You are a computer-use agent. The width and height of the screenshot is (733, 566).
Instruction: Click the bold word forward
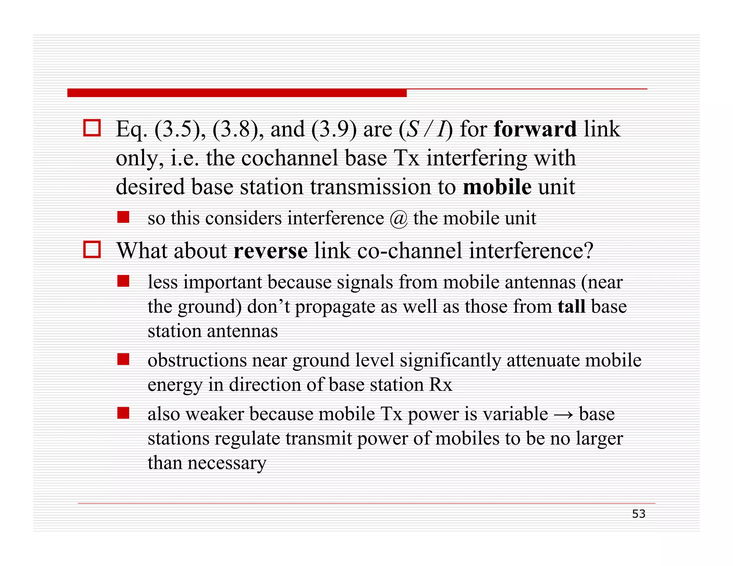[535, 129]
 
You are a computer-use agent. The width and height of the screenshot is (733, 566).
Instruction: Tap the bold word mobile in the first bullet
[497, 187]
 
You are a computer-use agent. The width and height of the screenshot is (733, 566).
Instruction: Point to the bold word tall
[571, 307]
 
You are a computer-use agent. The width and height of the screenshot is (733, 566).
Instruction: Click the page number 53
[639, 514]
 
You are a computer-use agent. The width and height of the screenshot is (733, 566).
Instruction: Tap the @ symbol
[399, 219]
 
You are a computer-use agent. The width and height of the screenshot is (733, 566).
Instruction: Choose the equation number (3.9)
[334, 129]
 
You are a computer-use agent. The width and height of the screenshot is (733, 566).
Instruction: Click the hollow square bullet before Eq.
[92, 128]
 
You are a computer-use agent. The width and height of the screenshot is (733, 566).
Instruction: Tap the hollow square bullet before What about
[92, 249]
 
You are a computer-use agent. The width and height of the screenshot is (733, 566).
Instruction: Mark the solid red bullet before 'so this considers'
[123, 217]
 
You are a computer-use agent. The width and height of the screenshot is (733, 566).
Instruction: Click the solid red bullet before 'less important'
[123, 281]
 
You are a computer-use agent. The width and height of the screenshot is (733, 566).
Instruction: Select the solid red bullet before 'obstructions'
[123, 359]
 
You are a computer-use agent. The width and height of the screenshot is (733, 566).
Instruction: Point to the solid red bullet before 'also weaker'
[123, 413]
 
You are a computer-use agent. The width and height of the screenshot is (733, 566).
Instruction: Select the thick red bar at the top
[237, 93]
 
